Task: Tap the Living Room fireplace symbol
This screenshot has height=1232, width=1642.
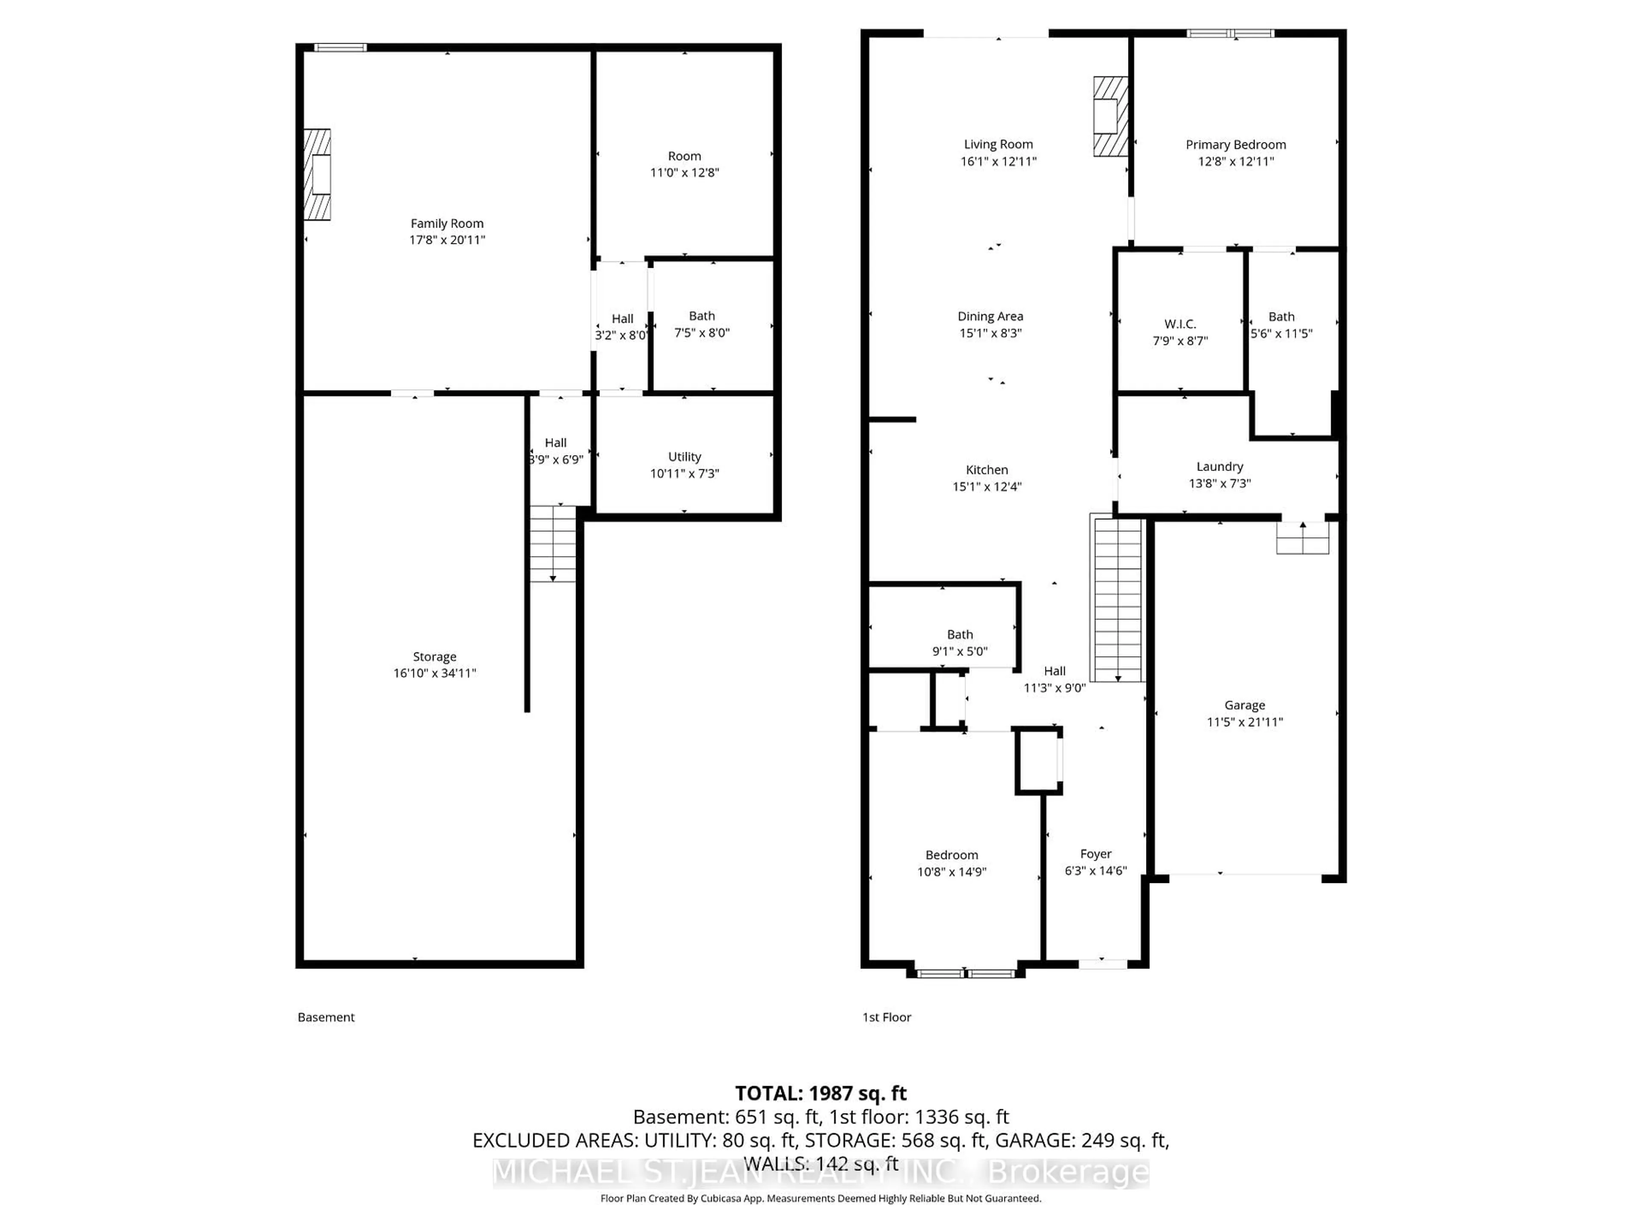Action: point(1110,117)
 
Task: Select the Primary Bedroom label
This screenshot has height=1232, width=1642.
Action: point(1235,145)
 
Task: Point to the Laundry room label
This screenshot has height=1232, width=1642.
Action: point(1219,466)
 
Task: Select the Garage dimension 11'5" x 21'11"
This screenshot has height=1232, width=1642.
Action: point(1244,722)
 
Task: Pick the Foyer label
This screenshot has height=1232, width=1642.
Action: point(1096,854)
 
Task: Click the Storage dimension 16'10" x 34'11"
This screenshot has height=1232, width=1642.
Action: point(434,673)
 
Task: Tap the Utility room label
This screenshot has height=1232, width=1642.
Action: point(684,457)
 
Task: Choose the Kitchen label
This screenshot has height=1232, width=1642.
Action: point(986,470)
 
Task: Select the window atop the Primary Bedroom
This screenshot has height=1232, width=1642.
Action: point(1230,33)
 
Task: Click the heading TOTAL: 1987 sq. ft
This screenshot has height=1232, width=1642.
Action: point(820,1093)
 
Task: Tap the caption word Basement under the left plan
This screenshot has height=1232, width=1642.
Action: point(326,1017)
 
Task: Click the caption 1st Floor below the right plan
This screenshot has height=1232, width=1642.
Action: point(886,1017)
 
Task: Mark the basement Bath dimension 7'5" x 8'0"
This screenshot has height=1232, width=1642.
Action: point(702,333)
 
